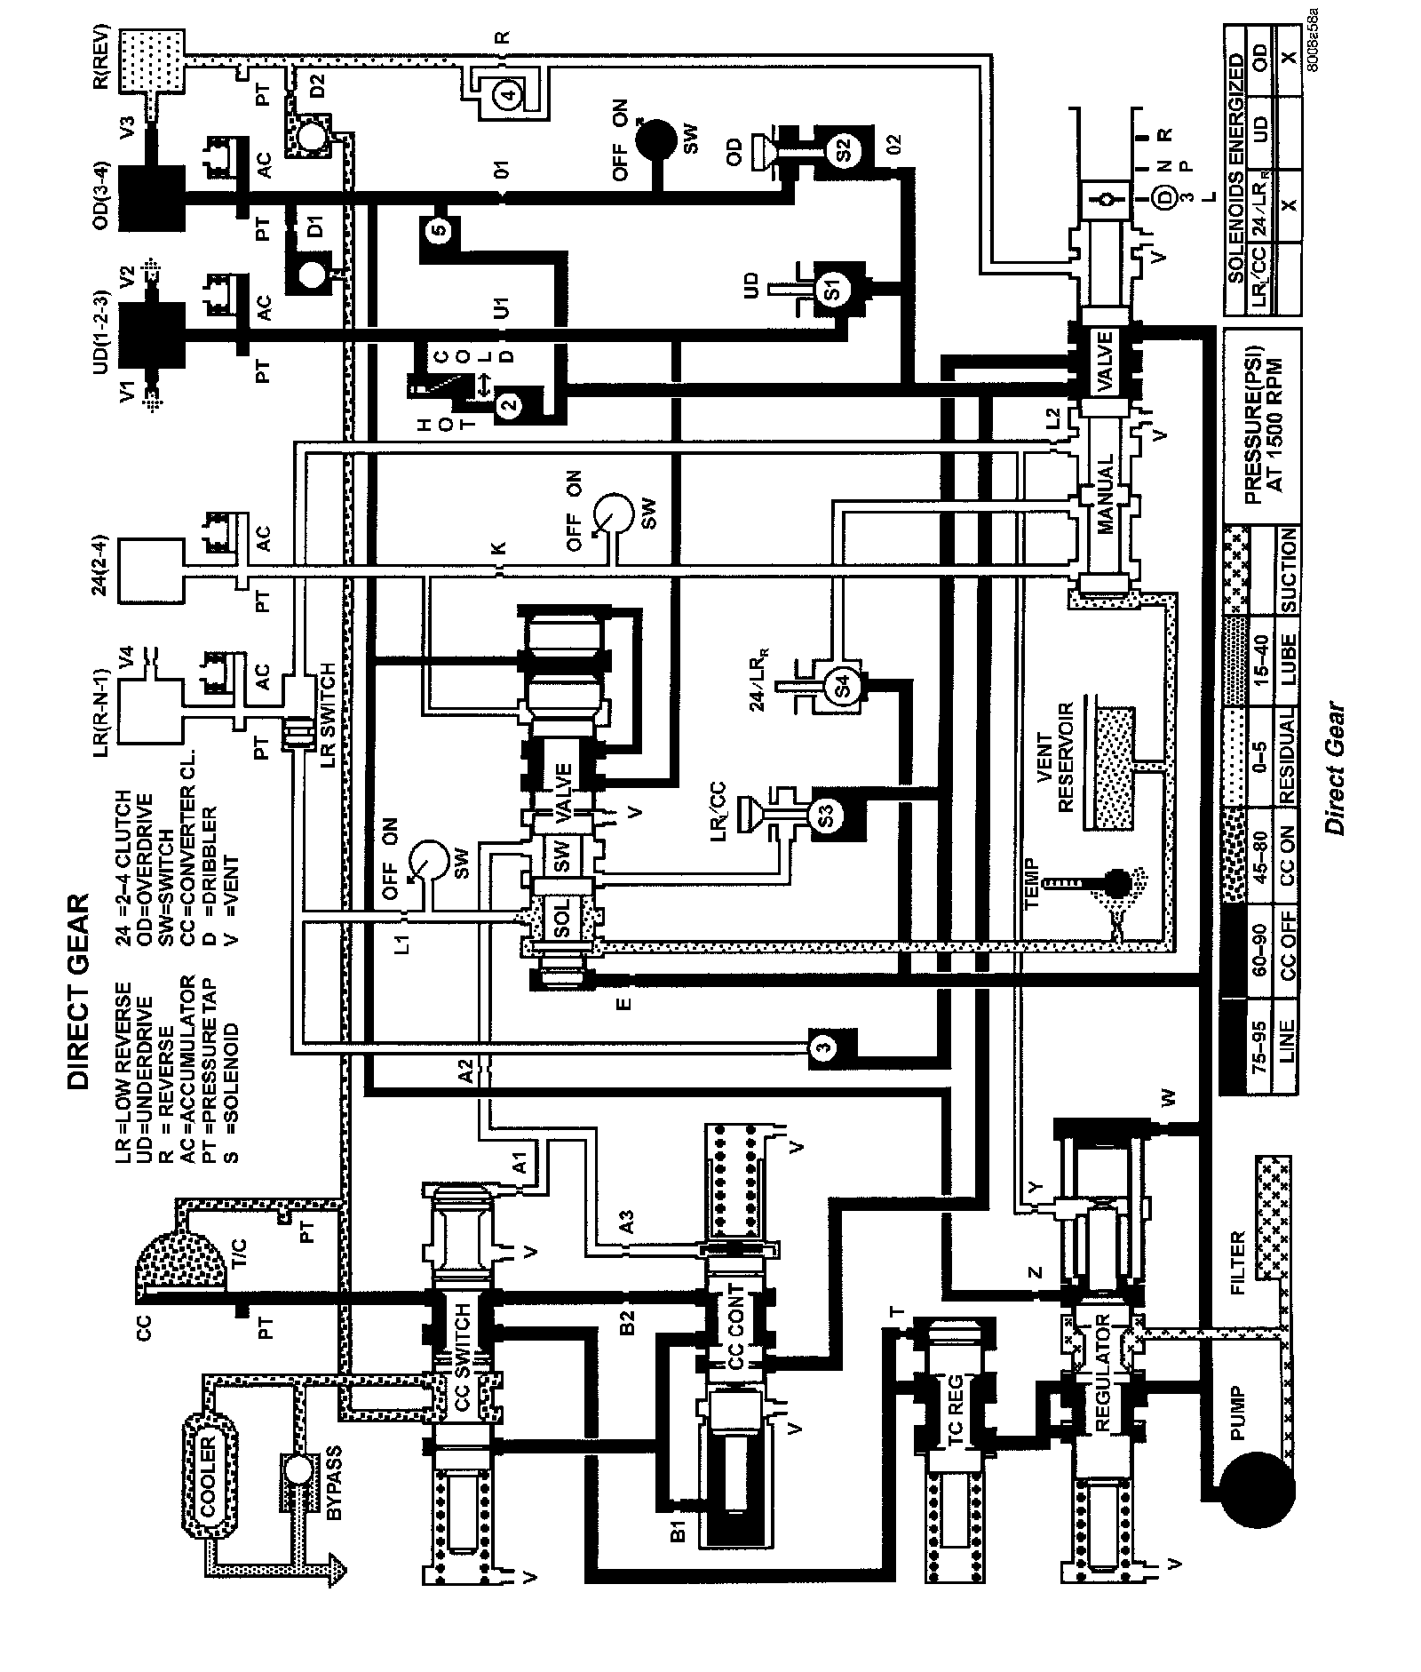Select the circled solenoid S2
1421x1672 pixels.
(x=844, y=150)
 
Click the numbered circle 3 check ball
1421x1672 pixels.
(x=825, y=1047)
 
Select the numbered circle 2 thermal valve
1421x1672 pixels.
(x=509, y=405)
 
